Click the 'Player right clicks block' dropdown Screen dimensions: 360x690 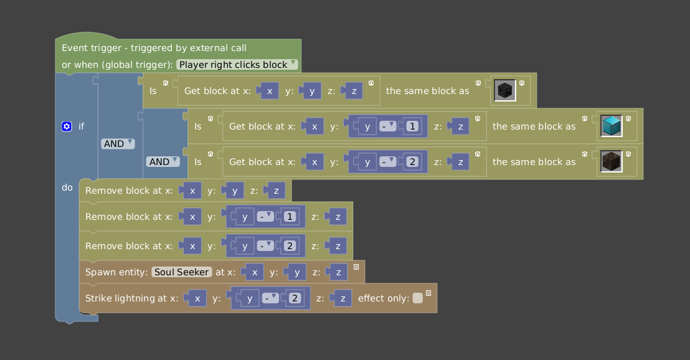pos(237,64)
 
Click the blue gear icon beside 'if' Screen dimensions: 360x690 pos(67,126)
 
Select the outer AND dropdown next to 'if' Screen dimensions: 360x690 pos(117,143)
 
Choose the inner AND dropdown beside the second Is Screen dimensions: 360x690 pos(162,161)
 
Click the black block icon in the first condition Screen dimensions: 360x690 pos(505,91)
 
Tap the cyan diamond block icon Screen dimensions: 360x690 pos(612,126)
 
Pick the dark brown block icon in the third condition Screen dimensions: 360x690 pos(612,162)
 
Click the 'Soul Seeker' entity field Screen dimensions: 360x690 pos(182,272)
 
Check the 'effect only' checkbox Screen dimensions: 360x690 pos(417,298)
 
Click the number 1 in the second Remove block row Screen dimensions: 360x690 pos(288,217)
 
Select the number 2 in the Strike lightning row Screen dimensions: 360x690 pos(295,298)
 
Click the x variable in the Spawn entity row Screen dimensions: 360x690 pos(255,272)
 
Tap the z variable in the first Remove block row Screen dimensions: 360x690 pos(276,191)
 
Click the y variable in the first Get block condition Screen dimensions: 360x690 pos(311,91)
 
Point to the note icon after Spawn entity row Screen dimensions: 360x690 pos(356,267)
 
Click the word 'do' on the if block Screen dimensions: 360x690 pos(67,187)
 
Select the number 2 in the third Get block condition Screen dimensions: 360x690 pos(411,162)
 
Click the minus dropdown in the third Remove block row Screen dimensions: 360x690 pos(265,246)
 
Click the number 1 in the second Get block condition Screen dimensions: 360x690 pos(411,126)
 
